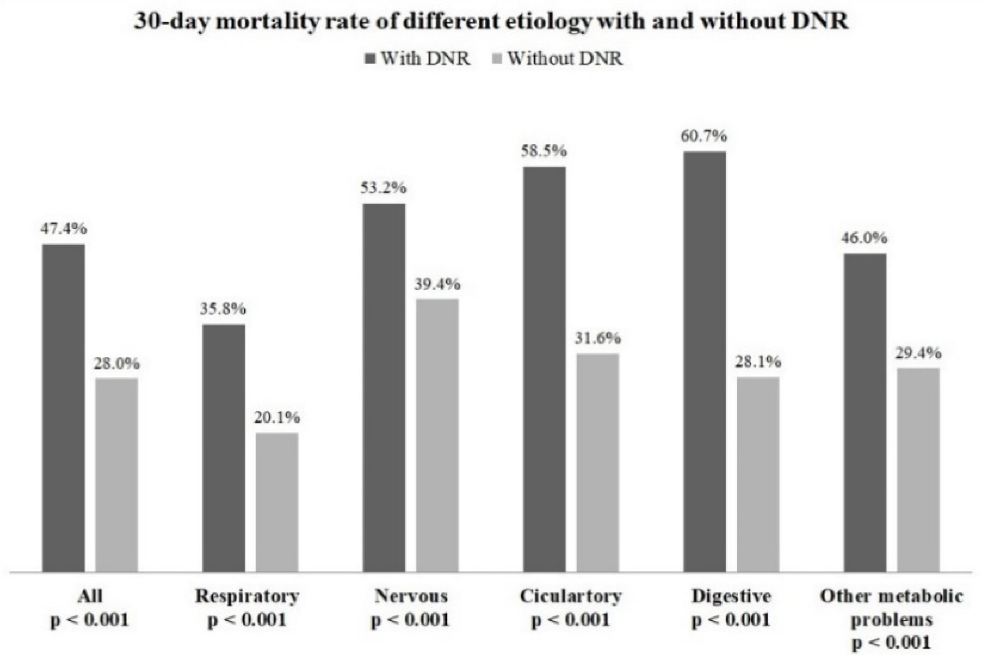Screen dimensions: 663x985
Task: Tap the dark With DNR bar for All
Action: [x=64, y=407]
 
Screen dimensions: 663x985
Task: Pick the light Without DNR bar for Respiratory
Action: [x=277, y=502]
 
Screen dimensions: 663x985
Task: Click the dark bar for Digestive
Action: [x=705, y=361]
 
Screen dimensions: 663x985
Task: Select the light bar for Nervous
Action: [x=437, y=435]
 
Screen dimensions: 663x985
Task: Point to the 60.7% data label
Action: [x=704, y=136]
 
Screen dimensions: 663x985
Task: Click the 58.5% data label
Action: [x=543, y=151]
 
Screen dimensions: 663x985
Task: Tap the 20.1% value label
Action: [x=277, y=417]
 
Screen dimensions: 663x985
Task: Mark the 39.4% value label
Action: [x=437, y=284]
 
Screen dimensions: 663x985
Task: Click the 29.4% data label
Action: [x=918, y=353]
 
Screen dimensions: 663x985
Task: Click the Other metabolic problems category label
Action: [x=891, y=608]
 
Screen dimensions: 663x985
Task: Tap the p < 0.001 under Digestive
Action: [x=731, y=620]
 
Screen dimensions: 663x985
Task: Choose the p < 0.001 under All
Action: [x=90, y=620]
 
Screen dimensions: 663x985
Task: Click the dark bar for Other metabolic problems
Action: [x=865, y=412]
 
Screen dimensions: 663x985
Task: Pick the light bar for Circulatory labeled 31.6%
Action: [x=597, y=463]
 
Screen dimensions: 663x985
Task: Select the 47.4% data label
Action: [x=64, y=229]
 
